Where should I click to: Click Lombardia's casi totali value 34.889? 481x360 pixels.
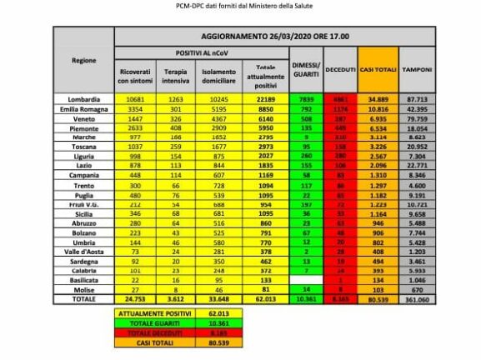(376, 98)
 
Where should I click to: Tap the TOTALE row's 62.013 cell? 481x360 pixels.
(266, 297)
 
